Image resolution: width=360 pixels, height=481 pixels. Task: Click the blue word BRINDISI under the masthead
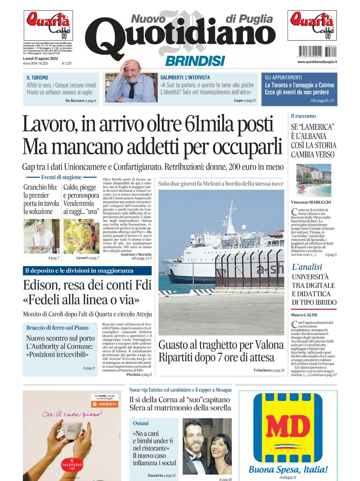click(195, 61)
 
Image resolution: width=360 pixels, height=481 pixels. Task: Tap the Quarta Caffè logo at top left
click(48, 25)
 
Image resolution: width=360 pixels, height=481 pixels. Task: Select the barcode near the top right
click(317, 51)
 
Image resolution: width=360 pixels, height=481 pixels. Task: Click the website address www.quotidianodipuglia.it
click(317, 62)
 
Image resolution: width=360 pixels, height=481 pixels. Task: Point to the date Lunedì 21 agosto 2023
click(40, 59)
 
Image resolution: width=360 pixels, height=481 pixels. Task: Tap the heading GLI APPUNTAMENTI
click(283, 78)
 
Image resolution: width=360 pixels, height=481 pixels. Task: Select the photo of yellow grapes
click(81, 236)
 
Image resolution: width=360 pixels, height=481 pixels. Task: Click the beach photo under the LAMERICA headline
click(314, 180)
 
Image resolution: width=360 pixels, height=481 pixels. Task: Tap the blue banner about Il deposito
click(87, 271)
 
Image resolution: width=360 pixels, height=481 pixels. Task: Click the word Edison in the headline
click(41, 285)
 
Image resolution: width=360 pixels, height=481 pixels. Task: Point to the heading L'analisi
click(307, 267)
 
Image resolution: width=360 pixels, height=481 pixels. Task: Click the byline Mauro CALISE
click(304, 315)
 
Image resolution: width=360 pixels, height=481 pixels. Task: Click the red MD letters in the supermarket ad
click(288, 426)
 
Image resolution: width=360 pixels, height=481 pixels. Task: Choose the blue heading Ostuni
click(141, 423)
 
